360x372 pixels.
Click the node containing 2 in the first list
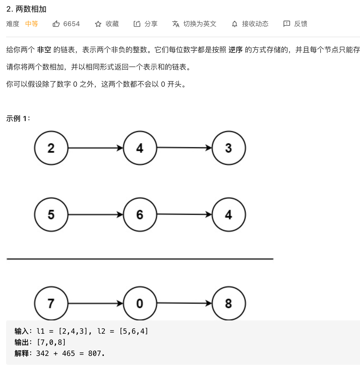pos(51,148)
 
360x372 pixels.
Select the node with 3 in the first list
pos(229,148)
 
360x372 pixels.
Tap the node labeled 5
pos(51,215)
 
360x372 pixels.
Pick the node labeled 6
pos(140,215)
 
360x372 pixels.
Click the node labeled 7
pos(51,303)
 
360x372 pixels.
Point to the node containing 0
pos(140,303)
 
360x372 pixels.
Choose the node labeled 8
pos(229,303)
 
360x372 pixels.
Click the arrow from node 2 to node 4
pos(95,148)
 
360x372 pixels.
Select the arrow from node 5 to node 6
pos(95,215)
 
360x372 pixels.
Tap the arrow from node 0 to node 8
pos(184,303)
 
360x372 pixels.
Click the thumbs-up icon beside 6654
pos(56,24)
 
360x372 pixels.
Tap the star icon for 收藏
pos(98,24)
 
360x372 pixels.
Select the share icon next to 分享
pos(137,24)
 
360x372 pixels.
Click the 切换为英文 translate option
pos(199,24)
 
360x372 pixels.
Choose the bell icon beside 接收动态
pos(235,24)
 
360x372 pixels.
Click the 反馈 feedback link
pos(300,24)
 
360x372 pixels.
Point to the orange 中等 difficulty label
pos(32,24)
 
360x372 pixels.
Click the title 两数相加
pos(31,9)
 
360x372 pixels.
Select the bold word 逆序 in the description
pos(235,50)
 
